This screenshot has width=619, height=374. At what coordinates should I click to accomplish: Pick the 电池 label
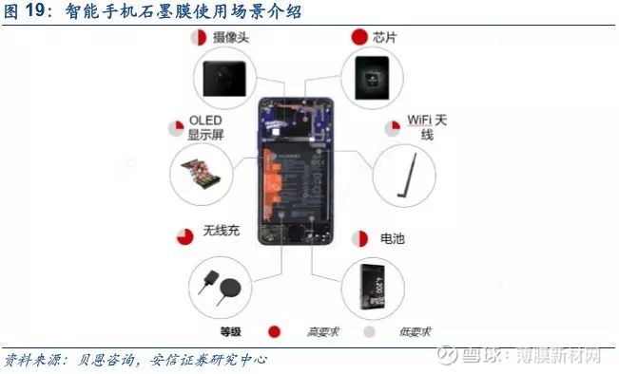coord(391,238)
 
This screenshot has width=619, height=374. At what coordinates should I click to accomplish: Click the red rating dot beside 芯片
coord(359,37)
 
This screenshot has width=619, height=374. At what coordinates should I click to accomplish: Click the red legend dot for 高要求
coord(275,331)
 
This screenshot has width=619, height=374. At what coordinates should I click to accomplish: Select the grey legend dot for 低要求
coord(370,331)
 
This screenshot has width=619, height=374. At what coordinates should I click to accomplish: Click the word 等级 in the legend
coord(233,331)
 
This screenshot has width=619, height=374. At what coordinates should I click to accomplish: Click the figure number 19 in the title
coord(41,11)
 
